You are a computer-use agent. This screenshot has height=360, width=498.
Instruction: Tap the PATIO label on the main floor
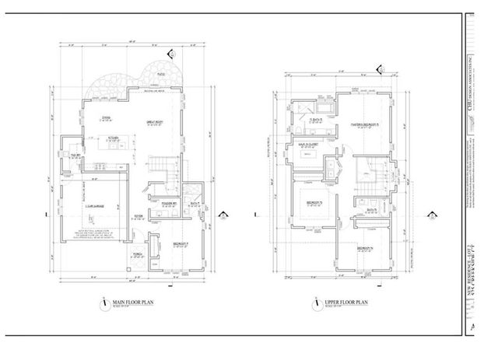160,75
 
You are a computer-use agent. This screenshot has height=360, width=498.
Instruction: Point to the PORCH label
137,252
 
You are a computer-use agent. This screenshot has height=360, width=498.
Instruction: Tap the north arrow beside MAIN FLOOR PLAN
103,304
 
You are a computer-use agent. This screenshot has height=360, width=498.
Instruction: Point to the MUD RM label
76,155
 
